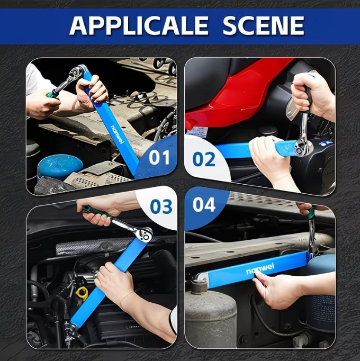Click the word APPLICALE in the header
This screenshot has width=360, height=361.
(139, 25)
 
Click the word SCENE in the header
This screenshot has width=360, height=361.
(263, 25)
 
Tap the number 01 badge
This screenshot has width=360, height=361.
(159, 158)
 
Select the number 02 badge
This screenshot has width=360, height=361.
(204, 159)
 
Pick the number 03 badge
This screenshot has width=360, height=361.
(161, 206)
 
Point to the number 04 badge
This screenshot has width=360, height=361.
(204, 204)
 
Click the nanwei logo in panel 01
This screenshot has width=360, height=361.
(118, 134)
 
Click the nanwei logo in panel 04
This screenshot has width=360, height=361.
(260, 269)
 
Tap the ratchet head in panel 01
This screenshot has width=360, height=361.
(78, 71)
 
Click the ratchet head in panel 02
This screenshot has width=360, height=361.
(304, 147)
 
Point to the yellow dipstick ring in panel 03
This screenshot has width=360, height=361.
(83, 292)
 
